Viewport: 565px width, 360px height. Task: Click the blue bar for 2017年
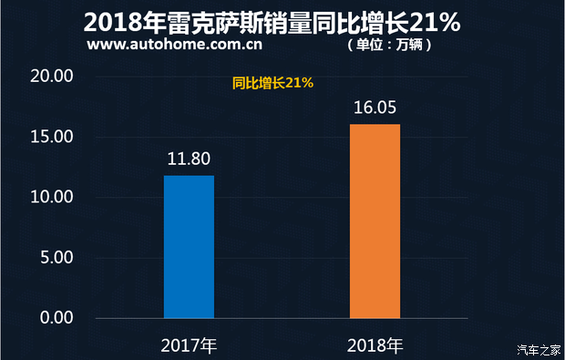pyautogui.click(x=189, y=246)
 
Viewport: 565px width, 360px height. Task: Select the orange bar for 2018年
pyautogui.click(x=375, y=221)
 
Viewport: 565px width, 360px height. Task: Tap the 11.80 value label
pyautogui.click(x=189, y=159)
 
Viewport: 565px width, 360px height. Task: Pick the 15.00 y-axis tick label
pyautogui.click(x=51, y=137)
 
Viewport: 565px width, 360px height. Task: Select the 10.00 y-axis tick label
pyautogui.click(x=51, y=197)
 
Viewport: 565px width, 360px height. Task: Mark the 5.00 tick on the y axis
pyautogui.click(x=55, y=258)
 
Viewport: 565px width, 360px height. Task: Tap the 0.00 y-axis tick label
pyautogui.click(x=55, y=318)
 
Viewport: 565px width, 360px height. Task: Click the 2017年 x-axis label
pyautogui.click(x=189, y=345)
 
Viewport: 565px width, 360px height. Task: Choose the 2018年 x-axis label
pyautogui.click(x=375, y=345)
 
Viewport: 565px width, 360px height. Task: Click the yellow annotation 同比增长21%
pyautogui.click(x=272, y=83)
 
